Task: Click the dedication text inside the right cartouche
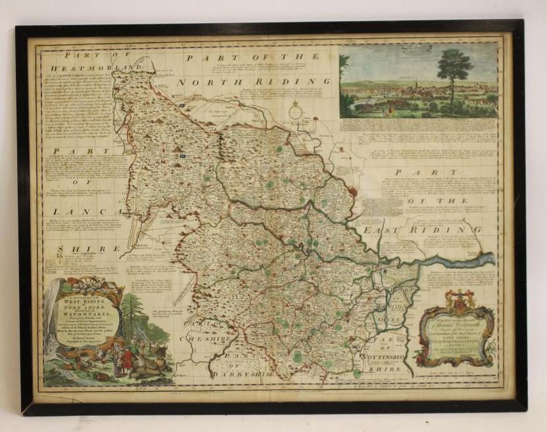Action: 459,335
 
